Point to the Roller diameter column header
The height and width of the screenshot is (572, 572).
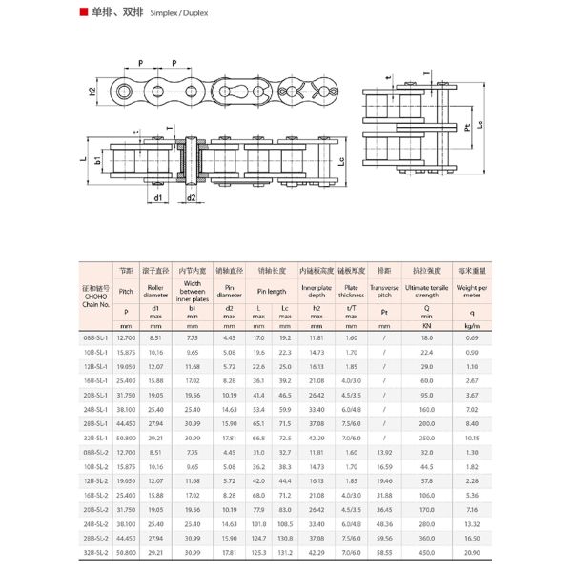155,291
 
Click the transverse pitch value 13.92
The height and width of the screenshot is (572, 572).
384,452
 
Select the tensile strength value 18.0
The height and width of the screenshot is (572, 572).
426,337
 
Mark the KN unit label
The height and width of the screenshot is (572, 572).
426,325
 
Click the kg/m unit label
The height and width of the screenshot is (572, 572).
471,325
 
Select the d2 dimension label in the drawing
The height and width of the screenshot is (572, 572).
192,197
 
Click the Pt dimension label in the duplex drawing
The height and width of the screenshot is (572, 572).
467,128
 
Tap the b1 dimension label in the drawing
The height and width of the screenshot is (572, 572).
98,161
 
